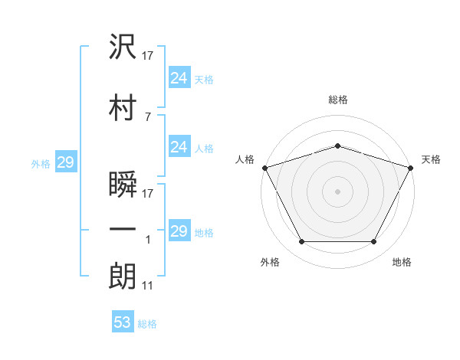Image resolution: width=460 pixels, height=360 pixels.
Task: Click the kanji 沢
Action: click(123, 46)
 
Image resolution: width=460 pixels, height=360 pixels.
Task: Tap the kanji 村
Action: click(123, 107)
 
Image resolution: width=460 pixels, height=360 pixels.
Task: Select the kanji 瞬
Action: click(123, 184)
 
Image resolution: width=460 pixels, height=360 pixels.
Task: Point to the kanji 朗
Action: click(123, 276)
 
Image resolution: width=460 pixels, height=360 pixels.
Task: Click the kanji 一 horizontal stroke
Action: click(123, 229)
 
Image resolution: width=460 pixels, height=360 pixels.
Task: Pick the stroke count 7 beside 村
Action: click(148, 117)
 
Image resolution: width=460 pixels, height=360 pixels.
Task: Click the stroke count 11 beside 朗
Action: click(147, 286)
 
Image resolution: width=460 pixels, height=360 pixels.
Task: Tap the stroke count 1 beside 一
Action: click(148, 240)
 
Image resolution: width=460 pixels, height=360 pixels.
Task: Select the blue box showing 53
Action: click(123, 321)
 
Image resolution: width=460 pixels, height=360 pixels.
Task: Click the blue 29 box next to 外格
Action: click(66, 162)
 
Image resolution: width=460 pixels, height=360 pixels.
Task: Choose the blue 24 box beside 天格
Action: click(180, 77)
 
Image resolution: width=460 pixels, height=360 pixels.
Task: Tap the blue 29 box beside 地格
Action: click(180, 230)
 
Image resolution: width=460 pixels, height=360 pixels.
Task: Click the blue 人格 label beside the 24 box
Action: click(204, 149)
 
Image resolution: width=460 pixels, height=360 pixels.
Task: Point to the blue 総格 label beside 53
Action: click(147, 324)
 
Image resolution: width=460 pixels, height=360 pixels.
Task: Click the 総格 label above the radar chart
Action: click(338, 100)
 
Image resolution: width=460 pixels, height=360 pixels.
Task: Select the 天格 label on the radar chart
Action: click(431, 159)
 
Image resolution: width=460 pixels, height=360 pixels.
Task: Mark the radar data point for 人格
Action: click(265, 168)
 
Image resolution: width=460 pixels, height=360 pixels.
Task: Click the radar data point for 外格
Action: click(302, 241)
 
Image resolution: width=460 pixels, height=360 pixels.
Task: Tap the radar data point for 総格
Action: click(338, 146)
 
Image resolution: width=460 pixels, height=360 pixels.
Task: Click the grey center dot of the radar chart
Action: click(337, 191)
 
